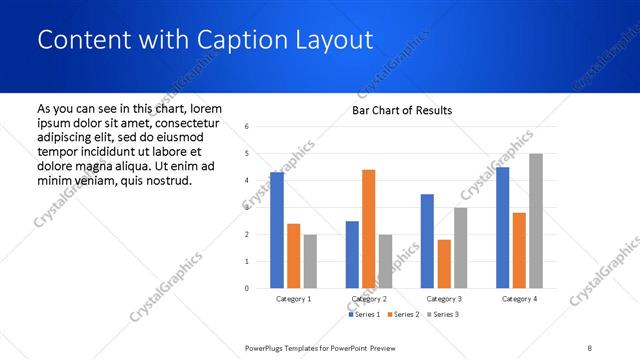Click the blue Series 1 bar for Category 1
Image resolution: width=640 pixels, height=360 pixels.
click(x=277, y=230)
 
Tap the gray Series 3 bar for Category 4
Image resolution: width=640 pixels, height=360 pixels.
click(x=536, y=221)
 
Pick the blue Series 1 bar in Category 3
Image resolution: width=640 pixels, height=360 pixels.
click(x=427, y=241)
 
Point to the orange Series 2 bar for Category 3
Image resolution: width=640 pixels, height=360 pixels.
click(x=444, y=264)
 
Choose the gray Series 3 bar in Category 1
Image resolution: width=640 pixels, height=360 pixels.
click(x=310, y=261)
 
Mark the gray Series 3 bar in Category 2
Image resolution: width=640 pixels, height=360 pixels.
click(x=385, y=261)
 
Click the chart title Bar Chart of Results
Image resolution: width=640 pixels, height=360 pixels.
click(x=402, y=110)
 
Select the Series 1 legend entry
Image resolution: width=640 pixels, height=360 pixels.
click(x=363, y=315)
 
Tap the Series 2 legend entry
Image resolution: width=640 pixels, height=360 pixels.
click(x=401, y=315)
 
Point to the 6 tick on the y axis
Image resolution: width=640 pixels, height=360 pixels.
click(x=247, y=126)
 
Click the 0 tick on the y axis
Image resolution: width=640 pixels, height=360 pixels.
click(x=247, y=288)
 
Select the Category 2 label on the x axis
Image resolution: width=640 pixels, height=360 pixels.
click(x=369, y=299)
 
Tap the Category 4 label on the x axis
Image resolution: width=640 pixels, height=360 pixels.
click(x=519, y=299)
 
